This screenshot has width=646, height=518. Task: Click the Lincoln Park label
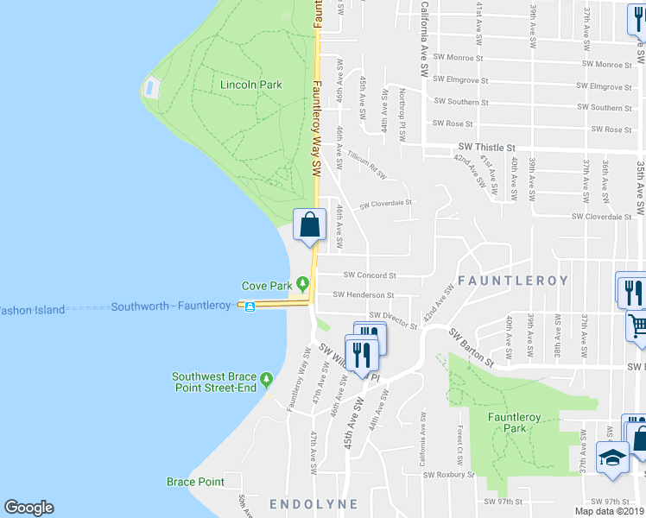tap(250, 85)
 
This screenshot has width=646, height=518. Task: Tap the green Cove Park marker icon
tap(302, 283)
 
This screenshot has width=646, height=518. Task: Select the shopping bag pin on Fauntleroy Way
tap(310, 225)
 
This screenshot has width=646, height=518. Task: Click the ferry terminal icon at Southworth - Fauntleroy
tap(249, 306)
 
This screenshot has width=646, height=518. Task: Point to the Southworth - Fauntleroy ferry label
tap(171, 306)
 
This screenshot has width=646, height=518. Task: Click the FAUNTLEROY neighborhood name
tap(513, 281)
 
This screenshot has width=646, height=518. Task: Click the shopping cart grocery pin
tap(637, 325)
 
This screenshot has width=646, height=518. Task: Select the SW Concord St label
tap(370, 275)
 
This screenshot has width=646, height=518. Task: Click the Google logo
tap(28, 508)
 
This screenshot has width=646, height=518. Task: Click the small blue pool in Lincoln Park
tap(152, 86)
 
